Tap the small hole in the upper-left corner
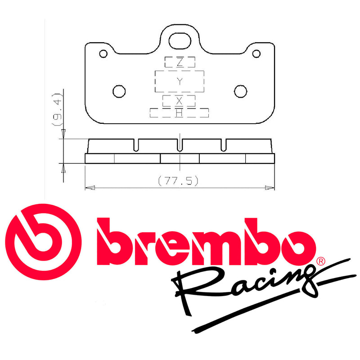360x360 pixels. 103,54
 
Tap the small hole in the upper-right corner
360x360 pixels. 256,54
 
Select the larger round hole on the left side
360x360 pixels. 119,91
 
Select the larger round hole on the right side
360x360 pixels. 241,91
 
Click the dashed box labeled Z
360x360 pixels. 180,62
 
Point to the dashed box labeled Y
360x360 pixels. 180,81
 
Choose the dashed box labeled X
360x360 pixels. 179,100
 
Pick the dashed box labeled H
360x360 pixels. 179,113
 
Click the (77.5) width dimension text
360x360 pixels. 179,180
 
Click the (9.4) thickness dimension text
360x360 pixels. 57,109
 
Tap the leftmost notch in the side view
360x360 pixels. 136,144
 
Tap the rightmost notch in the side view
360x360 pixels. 224,144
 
